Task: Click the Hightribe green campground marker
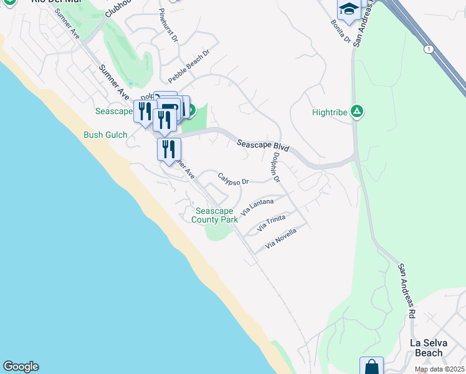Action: pos(357,112)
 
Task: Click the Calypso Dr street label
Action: pos(234,179)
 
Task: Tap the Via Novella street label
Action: pos(280,239)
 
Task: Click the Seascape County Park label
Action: pos(215,215)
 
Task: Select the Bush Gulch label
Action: pos(105,135)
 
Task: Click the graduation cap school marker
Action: pos(349,10)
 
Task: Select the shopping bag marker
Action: pos(371,367)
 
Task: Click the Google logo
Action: pos(21,367)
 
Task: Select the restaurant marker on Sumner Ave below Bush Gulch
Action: pos(168,150)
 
